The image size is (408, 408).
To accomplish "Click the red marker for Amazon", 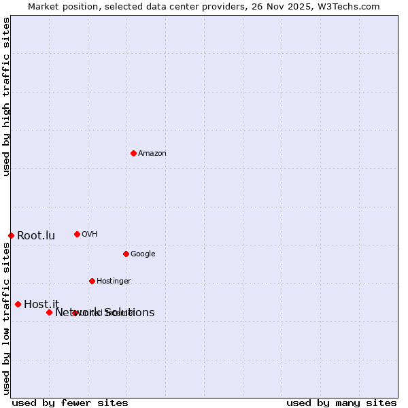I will click(x=133, y=153).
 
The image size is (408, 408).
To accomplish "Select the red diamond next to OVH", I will click(x=77, y=234).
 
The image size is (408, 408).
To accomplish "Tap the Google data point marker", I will click(x=126, y=254).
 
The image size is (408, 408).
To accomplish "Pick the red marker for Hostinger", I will click(x=92, y=281).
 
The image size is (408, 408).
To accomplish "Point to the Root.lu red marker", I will click(x=11, y=235).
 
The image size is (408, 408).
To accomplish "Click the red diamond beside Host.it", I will click(x=18, y=304).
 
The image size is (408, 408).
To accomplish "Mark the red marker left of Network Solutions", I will click(x=49, y=312).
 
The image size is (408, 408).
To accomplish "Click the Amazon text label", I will click(x=152, y=154).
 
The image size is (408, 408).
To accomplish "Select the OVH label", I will click(x=90, y=235).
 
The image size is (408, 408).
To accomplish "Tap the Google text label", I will click(x=143, y=254).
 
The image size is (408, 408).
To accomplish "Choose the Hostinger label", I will click(x=114, y=282).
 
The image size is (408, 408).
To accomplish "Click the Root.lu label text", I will click(x=36, y=236).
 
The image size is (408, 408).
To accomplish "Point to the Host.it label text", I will click(x=41, y=305).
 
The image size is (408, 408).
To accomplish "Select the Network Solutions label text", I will click(x=105, y=313).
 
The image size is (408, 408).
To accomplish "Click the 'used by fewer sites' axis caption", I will click(x=70, y=403).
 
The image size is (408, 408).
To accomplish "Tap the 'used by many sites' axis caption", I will click(x=341, y=403).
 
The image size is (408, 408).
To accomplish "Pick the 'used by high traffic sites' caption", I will click(x=7, y=97).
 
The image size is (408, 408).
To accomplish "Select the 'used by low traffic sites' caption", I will click(x=7, y=318).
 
